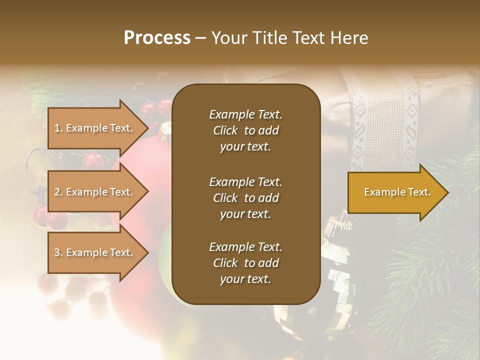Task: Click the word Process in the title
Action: pyautogui.click(x=157, y=38)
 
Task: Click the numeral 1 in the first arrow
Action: pyautogui.click(x=57, y=128)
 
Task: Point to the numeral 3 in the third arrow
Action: pyautogui.click(x=57, y=252)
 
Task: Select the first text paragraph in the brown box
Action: pyautogui.click(x=245, y=130)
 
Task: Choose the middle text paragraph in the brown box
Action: pyautogui.click(x=245, y=197)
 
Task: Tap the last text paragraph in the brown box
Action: pyautogui.click(x=245, y=263)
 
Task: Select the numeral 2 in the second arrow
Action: pyautogui.click(x=57, y=192)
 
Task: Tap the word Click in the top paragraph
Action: pyautogui.click(x=225, y=130)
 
